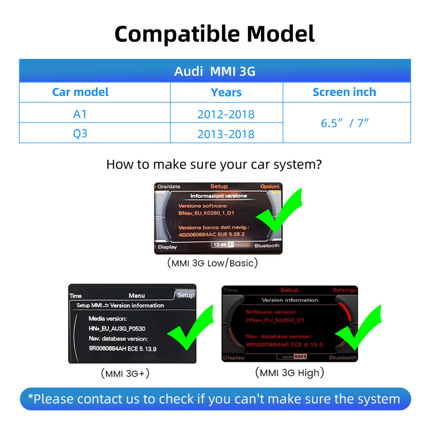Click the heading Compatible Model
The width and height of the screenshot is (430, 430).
click(215, 34)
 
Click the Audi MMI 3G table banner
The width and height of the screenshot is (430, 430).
click(215, 71)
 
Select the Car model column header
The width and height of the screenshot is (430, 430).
click(80, 92)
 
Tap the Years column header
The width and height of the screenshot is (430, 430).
click(226, 92)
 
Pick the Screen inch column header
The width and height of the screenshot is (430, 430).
click(344, 92)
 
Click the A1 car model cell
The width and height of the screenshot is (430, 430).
click(80, 114)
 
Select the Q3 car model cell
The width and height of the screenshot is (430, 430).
click(80, 134)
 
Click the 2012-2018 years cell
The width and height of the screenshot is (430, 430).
click(226, 114)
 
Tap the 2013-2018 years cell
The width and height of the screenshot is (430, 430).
click(226, 134)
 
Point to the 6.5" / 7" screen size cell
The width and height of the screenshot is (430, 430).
click(345, 123)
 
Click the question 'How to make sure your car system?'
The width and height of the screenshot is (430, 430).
click(214, 164)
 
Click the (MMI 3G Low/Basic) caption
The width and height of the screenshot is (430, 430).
click(212, 263)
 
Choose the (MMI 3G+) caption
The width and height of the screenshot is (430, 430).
click(125, 374)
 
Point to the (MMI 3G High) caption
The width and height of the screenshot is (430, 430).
click(289, 372)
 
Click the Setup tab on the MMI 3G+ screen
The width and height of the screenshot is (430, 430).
click(185, 295)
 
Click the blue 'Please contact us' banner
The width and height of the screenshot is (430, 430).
click(215, 399)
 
